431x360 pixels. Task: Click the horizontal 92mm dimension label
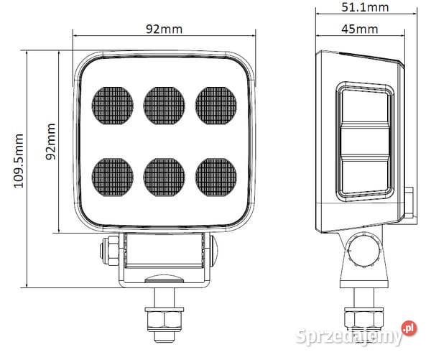click(x=164, y=29)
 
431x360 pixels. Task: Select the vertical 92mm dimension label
click(x=51, y=141)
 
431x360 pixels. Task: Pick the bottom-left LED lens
click(x=113, y=173)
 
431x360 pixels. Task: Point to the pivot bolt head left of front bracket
click(x=108, y=251)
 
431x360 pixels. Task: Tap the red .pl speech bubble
click(x=409, y=328)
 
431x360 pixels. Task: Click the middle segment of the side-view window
click(x=363, y=142)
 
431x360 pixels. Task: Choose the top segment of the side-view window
click(x=363, y=107)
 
